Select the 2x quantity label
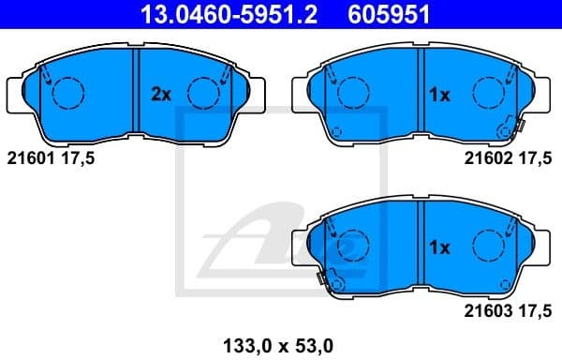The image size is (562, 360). [x=161, y=94]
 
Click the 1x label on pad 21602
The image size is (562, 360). [x=440, y=94]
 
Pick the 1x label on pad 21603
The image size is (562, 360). [x=440, y=247]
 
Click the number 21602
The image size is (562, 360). [x=486, y=157]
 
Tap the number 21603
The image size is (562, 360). [x=486, y=307]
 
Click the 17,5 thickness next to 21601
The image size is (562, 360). [x=78, y=157]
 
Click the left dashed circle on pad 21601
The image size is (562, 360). [x=67, y=92]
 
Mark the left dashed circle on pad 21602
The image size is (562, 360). [x=350, y=92]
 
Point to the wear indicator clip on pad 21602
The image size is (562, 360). [x=510, y=127]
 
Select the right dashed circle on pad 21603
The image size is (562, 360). [x=488, y=246]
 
